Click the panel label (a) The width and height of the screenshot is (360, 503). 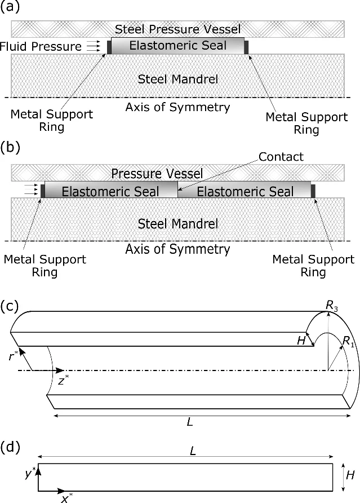point(10,8)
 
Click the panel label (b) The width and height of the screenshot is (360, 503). point(10,148)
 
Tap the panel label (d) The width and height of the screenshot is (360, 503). point(10,448)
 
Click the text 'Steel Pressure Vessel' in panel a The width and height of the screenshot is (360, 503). point(177,29)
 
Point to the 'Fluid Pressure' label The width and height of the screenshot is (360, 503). point(41,46)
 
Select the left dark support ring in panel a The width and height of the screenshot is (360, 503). point(109,46)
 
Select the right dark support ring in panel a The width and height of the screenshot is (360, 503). point(246,46)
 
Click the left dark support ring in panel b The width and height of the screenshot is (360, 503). point(42,191)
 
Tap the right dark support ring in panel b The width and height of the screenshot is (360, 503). point(313,191)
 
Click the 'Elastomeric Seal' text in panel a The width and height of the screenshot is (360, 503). point(177,46)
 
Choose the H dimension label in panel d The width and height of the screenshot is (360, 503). point(349,475)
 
